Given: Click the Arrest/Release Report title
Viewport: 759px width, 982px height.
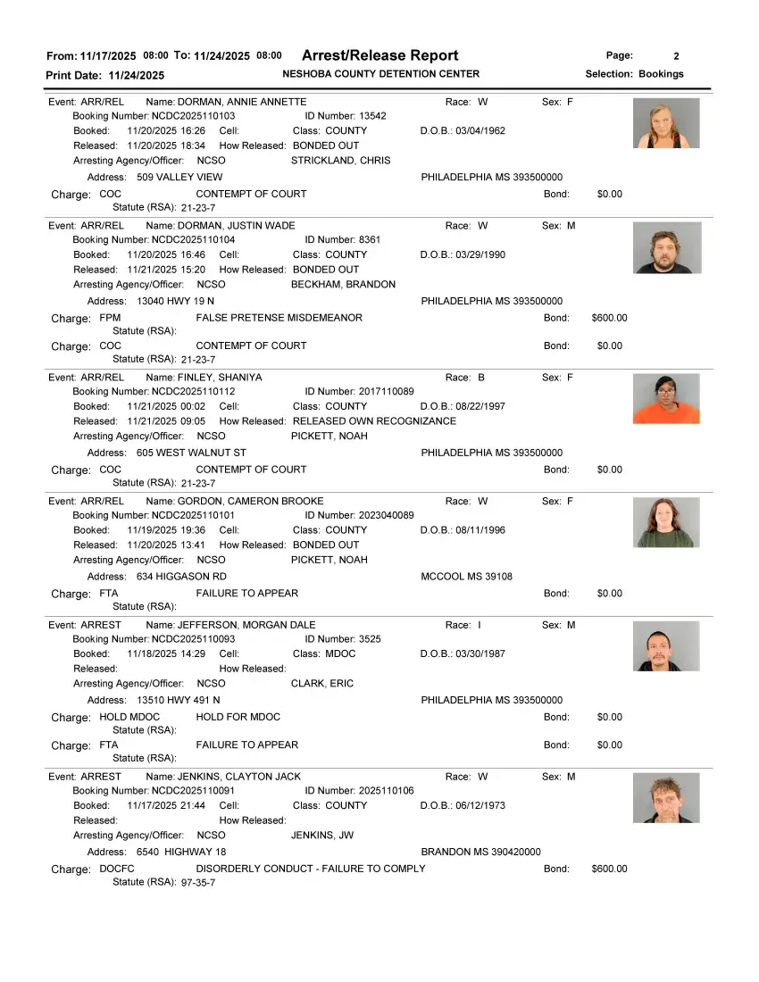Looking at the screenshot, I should pos(379,55).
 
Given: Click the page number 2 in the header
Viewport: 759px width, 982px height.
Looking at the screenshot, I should pos(676,56).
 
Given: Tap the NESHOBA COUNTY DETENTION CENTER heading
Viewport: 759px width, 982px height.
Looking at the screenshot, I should pos(380,74).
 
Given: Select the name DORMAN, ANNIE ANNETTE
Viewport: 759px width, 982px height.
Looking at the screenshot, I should pos(241,102).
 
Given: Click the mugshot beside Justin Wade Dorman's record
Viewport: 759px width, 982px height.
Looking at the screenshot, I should pos(666,247).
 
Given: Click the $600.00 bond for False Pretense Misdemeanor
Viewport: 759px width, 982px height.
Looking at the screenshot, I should pos(609,318).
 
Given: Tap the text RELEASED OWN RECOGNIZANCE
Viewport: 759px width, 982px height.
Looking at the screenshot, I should pos(374,421).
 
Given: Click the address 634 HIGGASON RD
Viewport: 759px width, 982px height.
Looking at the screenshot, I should pos(181,577).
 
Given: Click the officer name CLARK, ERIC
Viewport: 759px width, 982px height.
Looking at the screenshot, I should pos(322,684).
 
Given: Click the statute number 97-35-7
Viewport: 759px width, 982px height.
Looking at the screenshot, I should pos(197,883).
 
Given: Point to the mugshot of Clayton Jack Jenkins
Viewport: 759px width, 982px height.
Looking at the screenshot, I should pos(666,798).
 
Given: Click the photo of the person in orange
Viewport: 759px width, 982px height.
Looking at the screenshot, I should pos(666,398).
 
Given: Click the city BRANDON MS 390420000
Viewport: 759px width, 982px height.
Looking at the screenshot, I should pos(480,852).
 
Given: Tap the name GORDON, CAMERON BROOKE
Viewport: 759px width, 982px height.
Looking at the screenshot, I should pos(250,501).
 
